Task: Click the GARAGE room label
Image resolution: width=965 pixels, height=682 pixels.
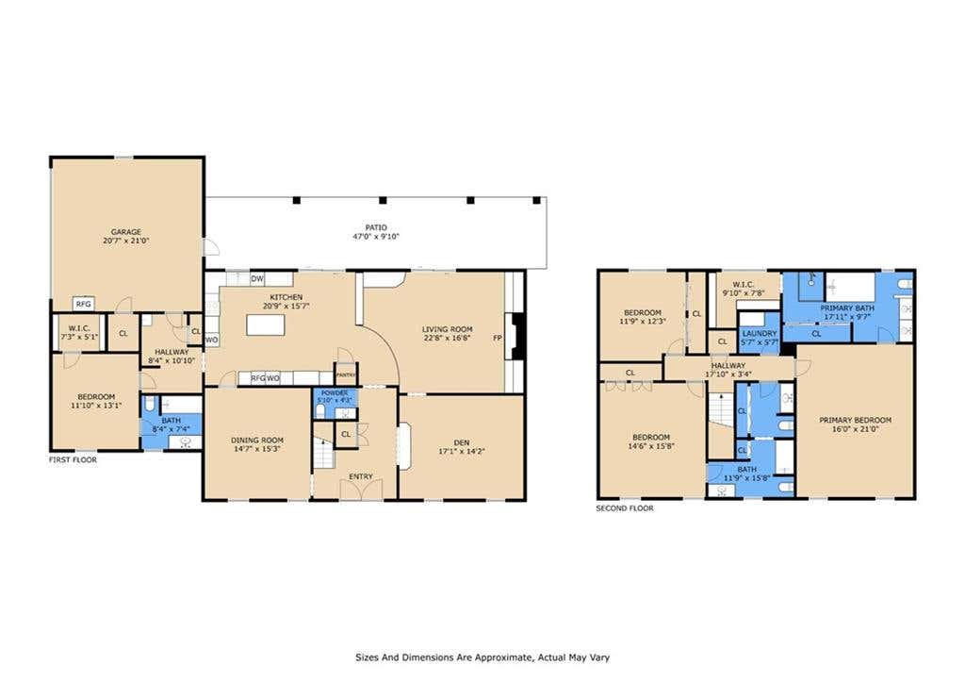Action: tap(125, 232)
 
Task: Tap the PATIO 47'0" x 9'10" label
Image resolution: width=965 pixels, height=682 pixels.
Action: tap(376, 232)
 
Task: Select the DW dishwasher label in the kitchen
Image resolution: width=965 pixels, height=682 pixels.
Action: tap(257, 279)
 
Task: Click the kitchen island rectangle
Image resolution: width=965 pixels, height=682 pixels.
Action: tap(266, 324)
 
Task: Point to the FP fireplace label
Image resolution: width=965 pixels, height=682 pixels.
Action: tap(498, 338)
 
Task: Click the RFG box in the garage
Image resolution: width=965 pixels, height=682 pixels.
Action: tap(84, 304)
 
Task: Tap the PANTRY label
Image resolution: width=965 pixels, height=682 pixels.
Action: tap(346, 374)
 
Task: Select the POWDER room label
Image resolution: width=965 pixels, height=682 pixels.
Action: tap(335, 393)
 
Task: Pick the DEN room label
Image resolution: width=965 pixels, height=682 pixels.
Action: tap(462, 442)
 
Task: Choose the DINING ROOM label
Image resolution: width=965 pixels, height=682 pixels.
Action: tap(257, 440)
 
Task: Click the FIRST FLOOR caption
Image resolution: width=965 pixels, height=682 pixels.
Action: tap(73, 459)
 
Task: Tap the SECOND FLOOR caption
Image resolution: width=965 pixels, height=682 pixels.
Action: tap(625, 508)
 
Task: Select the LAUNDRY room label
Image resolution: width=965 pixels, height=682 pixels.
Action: tap(760, 333)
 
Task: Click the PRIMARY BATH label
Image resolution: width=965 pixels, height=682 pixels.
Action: tap(847, 308)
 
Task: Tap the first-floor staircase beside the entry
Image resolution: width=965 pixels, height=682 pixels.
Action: tap(324, 454)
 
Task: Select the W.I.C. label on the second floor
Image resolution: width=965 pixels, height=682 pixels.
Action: tap(744, 285)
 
